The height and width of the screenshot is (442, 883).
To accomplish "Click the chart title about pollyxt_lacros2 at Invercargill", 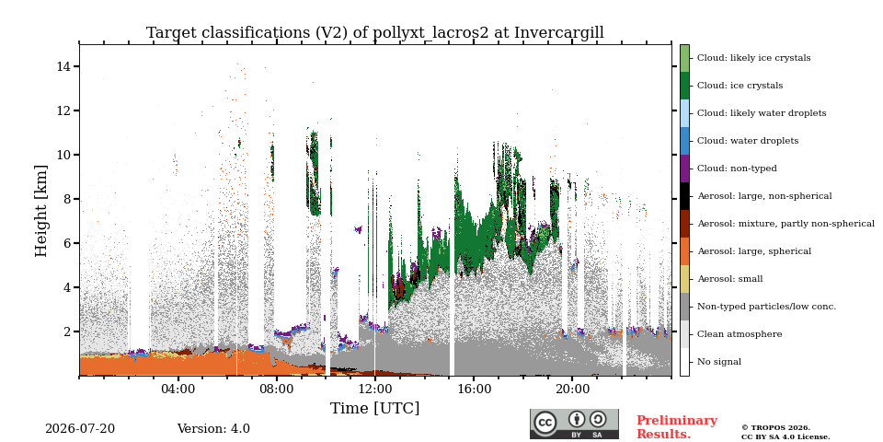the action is pos(375,33).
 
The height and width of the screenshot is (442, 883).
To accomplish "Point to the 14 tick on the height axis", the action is pos(67,66).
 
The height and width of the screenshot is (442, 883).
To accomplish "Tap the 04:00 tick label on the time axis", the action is pos(178,390).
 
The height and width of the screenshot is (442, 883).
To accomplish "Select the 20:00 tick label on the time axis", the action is pos(572,390).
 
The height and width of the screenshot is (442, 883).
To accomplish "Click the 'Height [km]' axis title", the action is pos(41,211).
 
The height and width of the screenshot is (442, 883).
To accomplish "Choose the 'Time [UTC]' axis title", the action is pos(375,408).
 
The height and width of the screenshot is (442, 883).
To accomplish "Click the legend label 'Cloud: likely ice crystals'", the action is pos(753,58).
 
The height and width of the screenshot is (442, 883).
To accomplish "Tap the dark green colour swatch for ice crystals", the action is pos(684,86).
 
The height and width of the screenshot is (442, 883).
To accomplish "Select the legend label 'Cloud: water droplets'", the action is pos(747,141).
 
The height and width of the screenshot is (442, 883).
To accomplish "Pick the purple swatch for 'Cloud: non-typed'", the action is pos(684,169).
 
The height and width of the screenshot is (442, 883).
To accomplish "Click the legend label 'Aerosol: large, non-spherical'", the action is pos(764,196).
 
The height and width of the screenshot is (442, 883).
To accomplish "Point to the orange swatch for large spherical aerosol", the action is pos(684,251).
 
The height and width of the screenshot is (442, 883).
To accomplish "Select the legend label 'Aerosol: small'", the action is pos(729,279).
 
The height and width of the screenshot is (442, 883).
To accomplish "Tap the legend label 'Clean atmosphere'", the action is pos(740,334).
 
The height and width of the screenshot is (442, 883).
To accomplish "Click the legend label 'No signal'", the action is pos(719,362).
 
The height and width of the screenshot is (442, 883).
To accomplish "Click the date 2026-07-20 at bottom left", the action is pos(80,429).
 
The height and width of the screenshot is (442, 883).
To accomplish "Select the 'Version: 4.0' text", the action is pos(213,429).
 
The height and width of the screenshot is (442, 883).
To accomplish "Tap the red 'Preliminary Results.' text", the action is pos(677,427).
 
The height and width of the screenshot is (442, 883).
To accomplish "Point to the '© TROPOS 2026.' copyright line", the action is pos(775,428).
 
